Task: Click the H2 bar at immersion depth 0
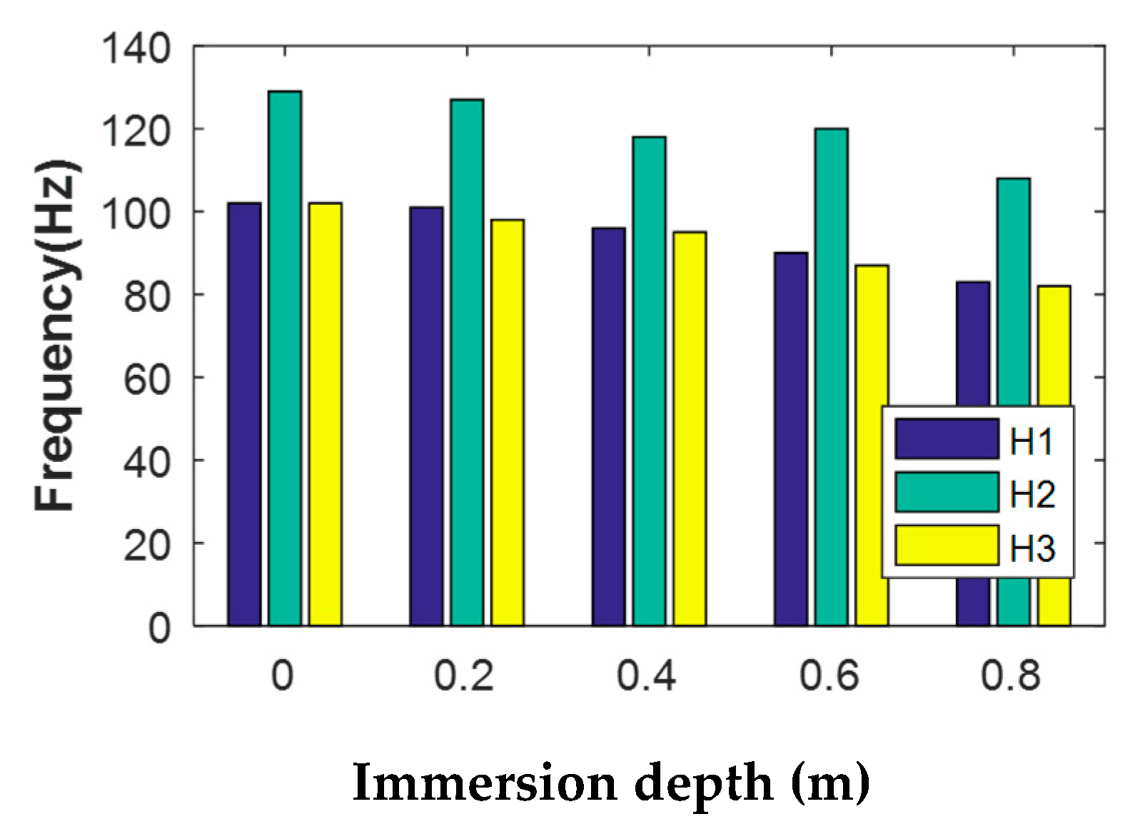tap(285, 357)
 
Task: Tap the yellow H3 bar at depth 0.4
tap(690, 428)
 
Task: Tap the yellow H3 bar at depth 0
tap(325, 414)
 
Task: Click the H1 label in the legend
tap(1032, 441)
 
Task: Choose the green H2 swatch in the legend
tap(947, 493)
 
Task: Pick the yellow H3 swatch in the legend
tap(947, 546)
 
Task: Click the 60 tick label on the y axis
tap(147, 378)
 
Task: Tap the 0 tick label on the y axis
tap(158, 628)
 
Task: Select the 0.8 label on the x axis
tap(1011, 675)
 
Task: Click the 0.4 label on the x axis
tap(647, 675)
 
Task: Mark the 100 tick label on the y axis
tap(136, 213)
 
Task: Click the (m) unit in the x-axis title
tap(830, 783)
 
